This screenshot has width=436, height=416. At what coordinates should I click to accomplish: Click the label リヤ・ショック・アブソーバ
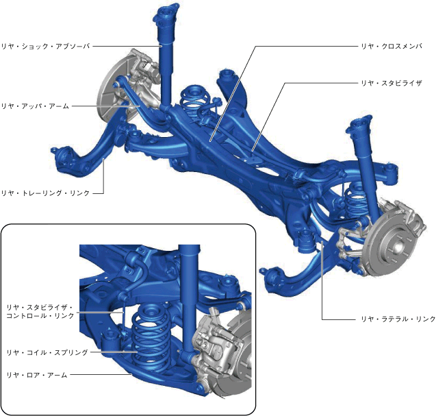coord(46,46)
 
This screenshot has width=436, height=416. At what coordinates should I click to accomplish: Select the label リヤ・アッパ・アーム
coord(35,106)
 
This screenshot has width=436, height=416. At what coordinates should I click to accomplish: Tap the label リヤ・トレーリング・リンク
coord(46,193)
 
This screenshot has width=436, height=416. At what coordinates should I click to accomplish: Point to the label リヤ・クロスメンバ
coord(392,46)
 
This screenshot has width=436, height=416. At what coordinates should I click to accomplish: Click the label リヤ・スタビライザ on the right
coord(392,83)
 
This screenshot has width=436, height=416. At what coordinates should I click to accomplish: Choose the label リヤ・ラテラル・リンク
coord(398,319)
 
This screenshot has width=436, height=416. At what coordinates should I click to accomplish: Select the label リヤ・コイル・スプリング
coord(47,352)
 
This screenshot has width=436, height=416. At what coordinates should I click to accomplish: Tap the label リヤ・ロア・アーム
coord(37,375)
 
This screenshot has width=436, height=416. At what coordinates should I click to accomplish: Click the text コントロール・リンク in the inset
coord(40,316)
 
